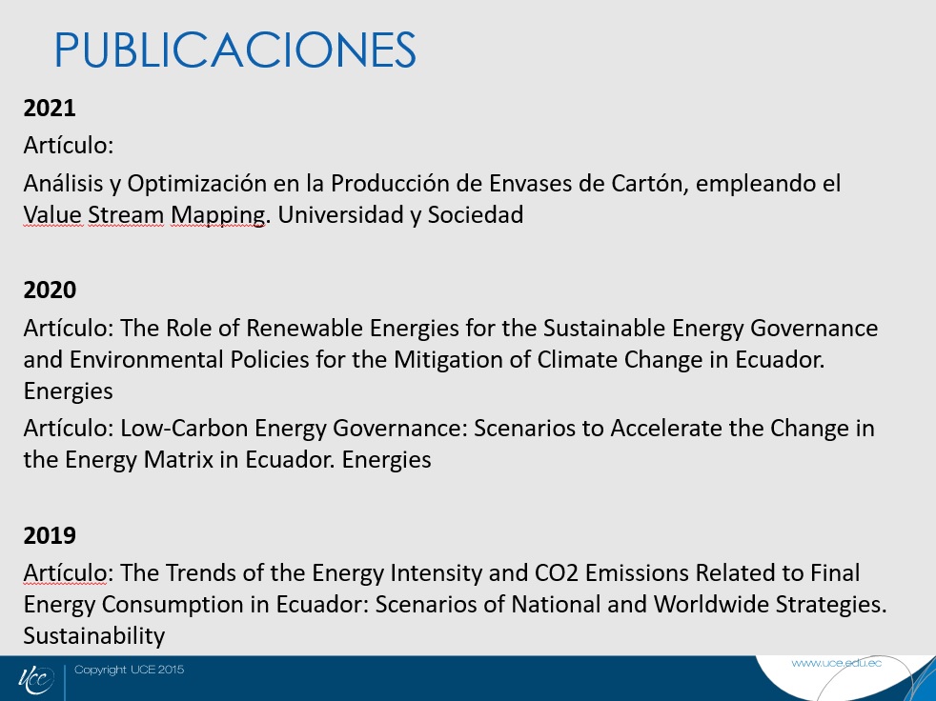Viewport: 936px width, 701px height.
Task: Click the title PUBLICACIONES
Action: [x=235, y=50]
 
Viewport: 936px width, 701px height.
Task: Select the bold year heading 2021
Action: [x=50, y=108]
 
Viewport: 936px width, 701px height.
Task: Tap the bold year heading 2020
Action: [x=50, y=290]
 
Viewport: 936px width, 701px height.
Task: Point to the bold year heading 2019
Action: [x=50, y=535]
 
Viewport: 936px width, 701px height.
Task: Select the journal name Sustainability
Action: [x=94, y=636]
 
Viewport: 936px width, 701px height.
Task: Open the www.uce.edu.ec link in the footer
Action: [x=836, y=664]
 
